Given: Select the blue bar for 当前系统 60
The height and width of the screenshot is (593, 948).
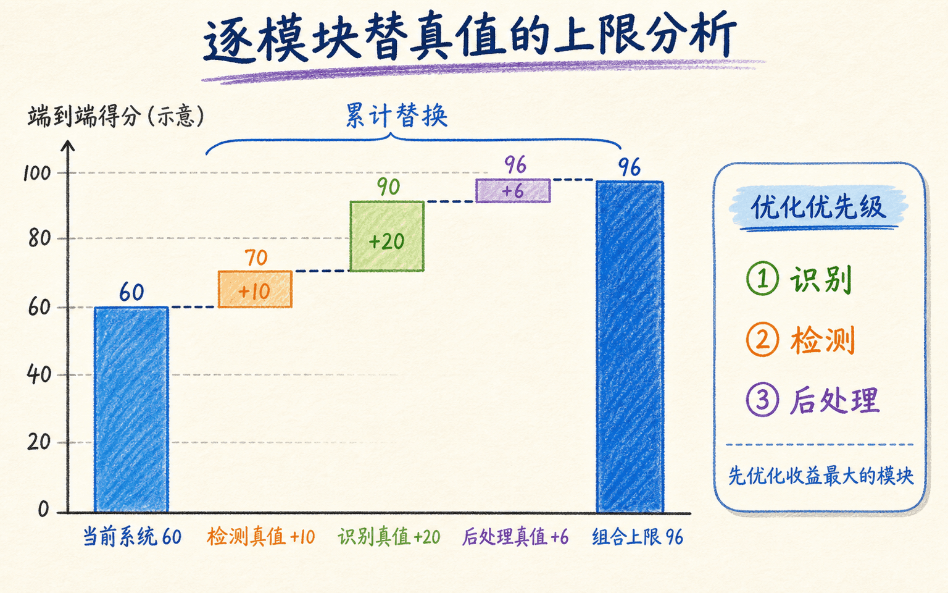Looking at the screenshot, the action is [131, 410].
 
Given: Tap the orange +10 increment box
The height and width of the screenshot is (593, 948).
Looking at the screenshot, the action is [255, 289].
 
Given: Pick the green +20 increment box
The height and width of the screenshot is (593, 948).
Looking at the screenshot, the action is [387, 237].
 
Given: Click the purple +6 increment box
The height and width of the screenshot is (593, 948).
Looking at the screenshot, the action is [513, 191].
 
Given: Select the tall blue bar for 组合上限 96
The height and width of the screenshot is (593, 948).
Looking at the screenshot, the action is [630, 347].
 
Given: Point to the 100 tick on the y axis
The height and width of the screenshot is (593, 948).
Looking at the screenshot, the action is [37, 173].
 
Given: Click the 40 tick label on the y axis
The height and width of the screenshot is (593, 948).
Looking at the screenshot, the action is [39, 375].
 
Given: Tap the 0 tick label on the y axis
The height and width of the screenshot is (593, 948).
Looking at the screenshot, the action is [43, 509].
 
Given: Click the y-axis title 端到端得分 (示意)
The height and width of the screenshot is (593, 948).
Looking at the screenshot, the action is [116, 116].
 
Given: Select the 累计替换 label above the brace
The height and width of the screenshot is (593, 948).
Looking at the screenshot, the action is [397, 115].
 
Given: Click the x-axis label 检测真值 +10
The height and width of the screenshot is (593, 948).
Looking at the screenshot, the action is [260, 537].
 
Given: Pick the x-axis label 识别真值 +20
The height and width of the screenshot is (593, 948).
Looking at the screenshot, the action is [389, 537].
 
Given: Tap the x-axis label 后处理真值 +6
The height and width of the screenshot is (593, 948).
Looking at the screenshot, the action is [515, 537].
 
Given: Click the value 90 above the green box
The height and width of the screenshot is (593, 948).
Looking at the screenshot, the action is [388, 187].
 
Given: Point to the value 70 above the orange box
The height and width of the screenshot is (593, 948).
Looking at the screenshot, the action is [256, 258].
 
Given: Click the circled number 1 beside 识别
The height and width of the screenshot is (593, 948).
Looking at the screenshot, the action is [762, 279].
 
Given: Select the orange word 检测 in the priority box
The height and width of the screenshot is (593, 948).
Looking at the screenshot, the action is [822, 340].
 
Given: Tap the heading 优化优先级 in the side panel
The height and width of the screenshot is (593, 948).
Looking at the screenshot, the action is [818, 207].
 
